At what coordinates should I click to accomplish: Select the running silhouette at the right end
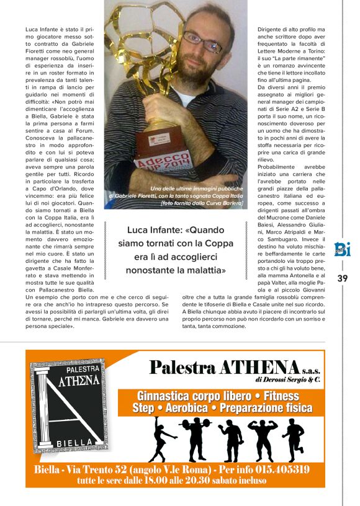pos(294,438)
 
